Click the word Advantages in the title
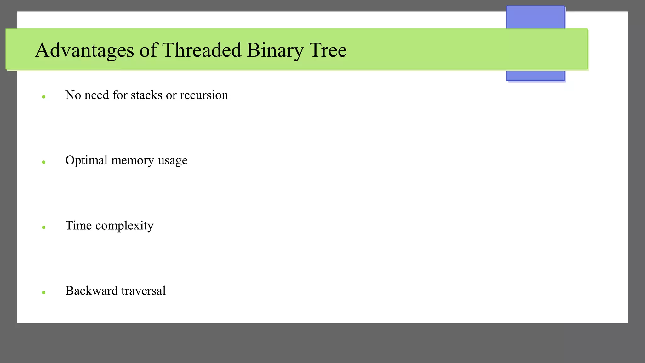84,50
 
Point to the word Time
78,226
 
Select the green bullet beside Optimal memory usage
44,162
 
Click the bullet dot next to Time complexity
44,228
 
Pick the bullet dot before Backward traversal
44,293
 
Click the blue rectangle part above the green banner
535,17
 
